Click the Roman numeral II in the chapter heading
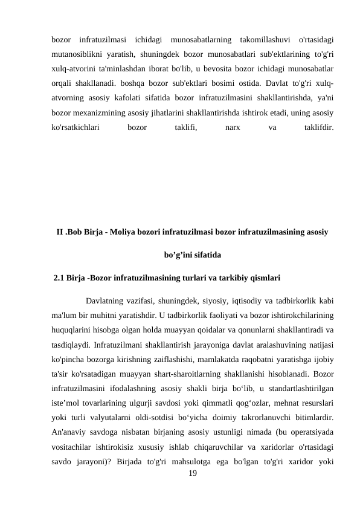point(60,232)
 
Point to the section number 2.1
point(60,279)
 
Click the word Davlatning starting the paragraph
point(106,300)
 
